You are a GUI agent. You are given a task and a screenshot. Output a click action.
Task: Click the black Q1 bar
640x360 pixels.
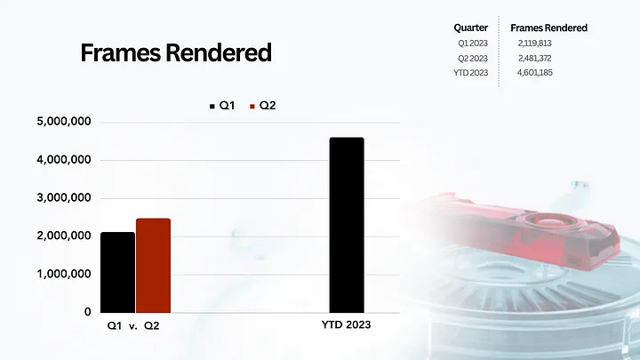pos(117,272)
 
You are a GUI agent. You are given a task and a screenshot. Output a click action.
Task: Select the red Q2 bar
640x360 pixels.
pos(153,265)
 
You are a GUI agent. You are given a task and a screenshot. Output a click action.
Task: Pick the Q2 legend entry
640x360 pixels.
pos(262,106)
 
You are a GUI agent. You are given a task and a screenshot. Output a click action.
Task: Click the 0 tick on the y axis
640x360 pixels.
pos(87,312)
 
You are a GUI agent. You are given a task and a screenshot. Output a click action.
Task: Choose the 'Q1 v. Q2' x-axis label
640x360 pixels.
pos(134,326)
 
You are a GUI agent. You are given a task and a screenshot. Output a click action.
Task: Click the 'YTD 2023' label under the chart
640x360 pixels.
pos(346,326)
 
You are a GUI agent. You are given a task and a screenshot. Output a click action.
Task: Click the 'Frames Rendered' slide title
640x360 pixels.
pos(176,53)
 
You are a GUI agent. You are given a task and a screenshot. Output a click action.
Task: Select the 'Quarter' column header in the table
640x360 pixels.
pos(470,28)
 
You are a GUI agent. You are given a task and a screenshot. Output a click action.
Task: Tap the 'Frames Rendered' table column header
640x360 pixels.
pos(548,28)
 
